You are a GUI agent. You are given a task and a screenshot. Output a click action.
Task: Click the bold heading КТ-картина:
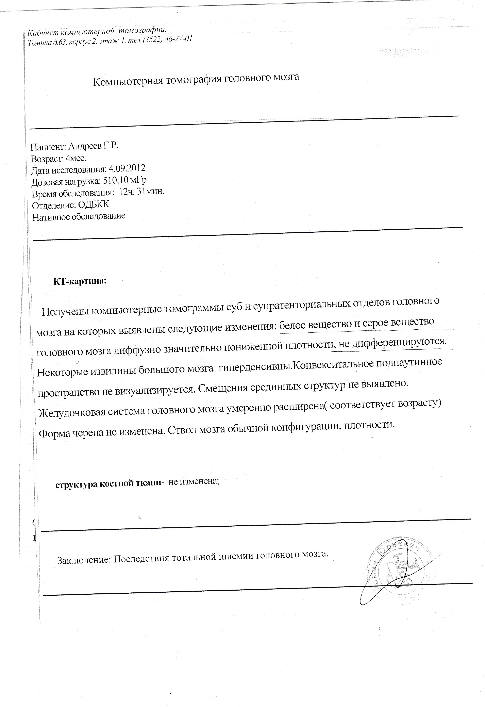coord(80,281)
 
